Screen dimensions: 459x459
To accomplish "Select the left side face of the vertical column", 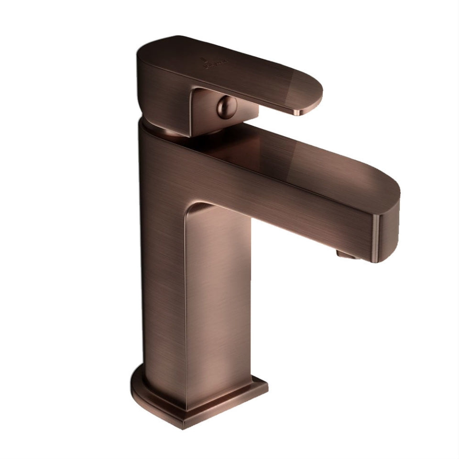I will coord(163,268).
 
